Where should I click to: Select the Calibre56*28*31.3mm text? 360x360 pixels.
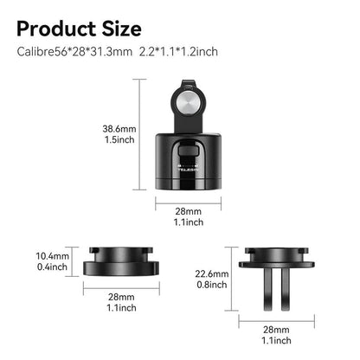[x=75, y=52]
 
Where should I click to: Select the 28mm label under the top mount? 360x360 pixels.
[x=189, y=211]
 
